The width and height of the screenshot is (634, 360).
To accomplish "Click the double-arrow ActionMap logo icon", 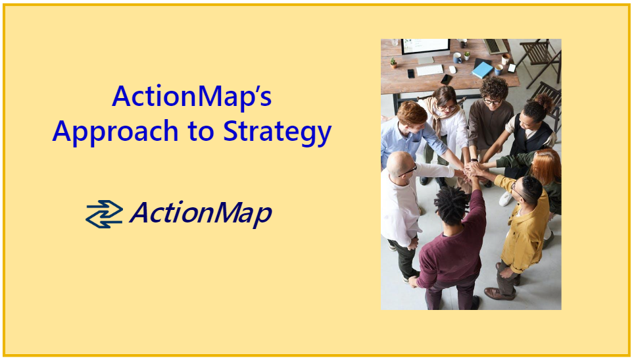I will [104, 214].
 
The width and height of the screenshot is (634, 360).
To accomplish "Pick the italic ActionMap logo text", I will [201, 214].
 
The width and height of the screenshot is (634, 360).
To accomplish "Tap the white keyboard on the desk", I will [430, 70].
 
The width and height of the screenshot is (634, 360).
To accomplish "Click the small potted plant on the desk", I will [393, 63].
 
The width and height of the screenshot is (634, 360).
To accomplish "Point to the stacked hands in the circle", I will [471, 170].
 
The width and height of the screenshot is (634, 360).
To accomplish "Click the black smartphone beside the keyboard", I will [447, 79].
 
